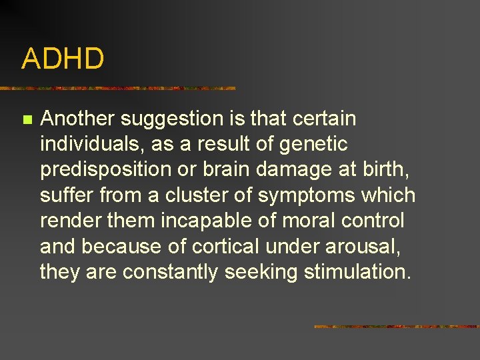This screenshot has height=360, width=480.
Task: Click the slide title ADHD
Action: [63, 59]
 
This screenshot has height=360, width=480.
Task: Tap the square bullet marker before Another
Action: [26, 120]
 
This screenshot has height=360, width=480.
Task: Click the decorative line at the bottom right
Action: [396, 327]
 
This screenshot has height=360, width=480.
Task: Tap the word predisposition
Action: [106, 169]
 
